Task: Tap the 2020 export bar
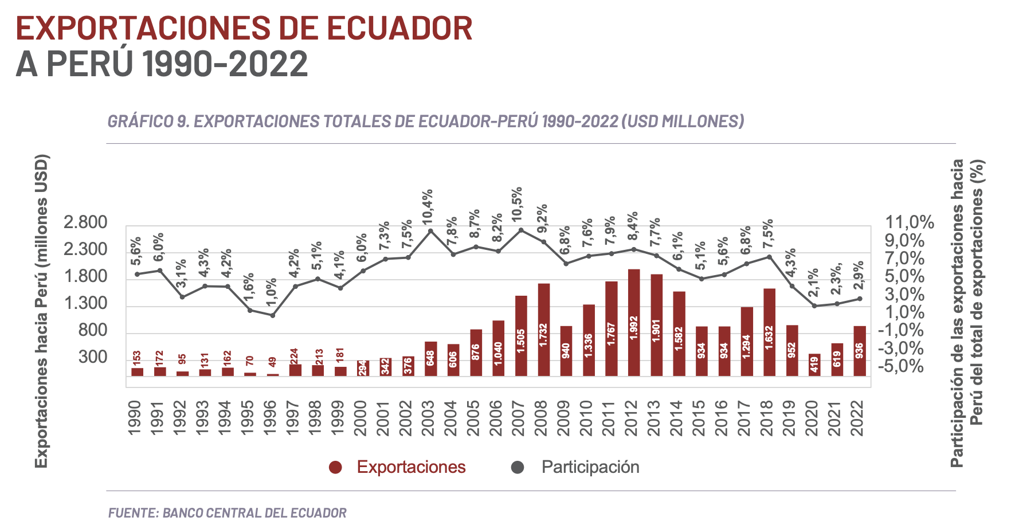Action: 814,365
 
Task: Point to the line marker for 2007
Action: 521,230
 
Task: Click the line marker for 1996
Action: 273,315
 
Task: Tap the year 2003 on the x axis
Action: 428,418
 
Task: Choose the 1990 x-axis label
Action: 135,418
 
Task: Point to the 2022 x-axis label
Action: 857,418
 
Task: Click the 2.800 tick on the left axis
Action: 85,222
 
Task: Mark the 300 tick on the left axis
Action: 93,356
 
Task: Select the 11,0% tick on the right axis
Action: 910,222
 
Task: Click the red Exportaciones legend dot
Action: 335,468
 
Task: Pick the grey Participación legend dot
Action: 518,468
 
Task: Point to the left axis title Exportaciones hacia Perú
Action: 41,311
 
